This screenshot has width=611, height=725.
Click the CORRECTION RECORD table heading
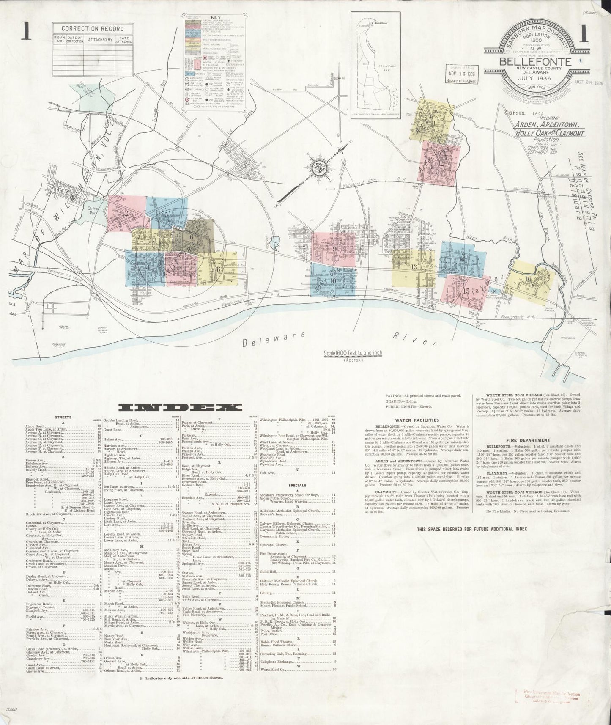(x=93, y=29)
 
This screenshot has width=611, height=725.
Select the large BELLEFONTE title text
(x=536, y=61)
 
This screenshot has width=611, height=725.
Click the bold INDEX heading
(x=181, y=407)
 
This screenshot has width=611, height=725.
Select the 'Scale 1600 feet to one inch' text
(x=353, y=354)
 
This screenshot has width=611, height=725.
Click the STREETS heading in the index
(x=63, y=417)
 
